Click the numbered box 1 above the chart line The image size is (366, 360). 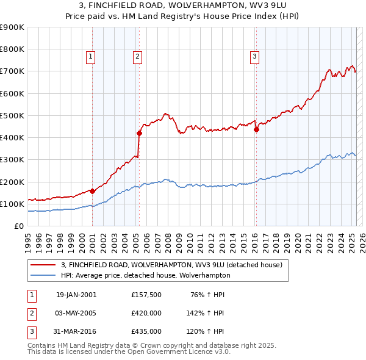click(x=90, y=57)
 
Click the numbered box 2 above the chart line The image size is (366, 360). click(x=137, y=57)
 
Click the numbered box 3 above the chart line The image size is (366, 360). click(x=254, y=57)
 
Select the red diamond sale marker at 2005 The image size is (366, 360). click(x=139, y=133)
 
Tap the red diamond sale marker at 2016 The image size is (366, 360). click(x=256, y=129)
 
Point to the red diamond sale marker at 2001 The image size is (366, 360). click(x=93, y=191)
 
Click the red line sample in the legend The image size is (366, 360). click(x=44, y=265)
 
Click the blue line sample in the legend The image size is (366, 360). click(x=44, y=275)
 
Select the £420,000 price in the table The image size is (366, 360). click(x=146, y=313)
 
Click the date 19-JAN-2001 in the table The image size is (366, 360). click(x=76, y=295)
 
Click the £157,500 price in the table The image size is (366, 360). click(x=146, y=295)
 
